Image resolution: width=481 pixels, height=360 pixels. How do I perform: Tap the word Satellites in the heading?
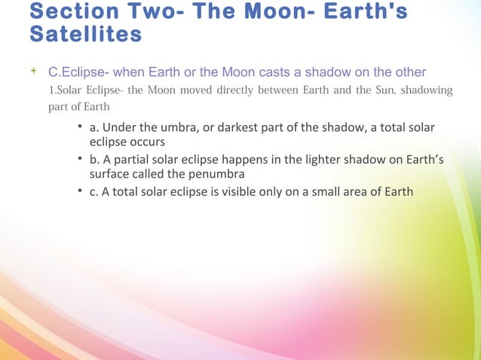[85, 34]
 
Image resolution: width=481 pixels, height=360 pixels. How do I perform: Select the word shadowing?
[425, 91]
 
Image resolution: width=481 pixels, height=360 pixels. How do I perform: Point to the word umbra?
[176, 129]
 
